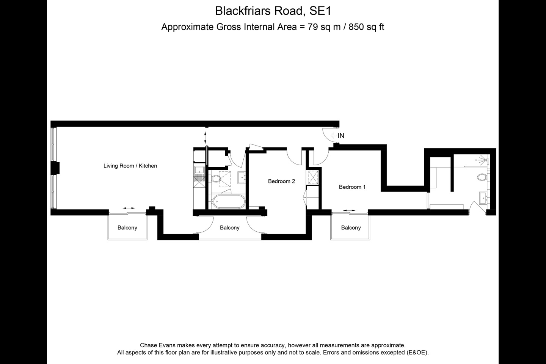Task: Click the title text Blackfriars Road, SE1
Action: click(x=273, y=11)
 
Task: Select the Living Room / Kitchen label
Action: click(x=130, y=166)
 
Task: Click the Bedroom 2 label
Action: click(x=281, y=181)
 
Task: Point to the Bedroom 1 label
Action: click(x=352, y=187)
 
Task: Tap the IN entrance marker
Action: click(x=341, y=136)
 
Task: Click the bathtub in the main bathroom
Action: click(x=227, y=202)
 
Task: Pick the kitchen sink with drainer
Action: click(x=199, y=176)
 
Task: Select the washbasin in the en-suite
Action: click(x=483, y=198)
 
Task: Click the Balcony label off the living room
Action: click(x=127, y=227)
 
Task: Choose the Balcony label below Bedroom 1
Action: click(x=351, y=227)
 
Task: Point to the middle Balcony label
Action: click(x=229, y=227)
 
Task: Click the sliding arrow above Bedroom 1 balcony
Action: click(x=349, y=210)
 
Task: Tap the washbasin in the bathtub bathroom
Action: click(x=242, y=176)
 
